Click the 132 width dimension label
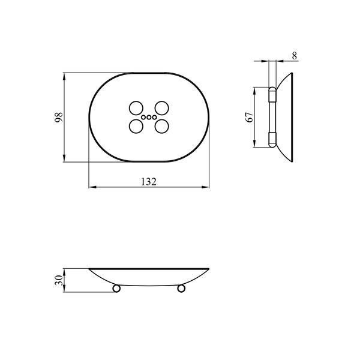tap(149, 182)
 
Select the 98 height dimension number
tap(59, 118)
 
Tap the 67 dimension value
tap(250, 117)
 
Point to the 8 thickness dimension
tap(295, 56)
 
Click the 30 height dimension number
tap(59, 280)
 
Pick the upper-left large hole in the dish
tap(136, 108)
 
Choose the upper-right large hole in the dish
tap(162, 108)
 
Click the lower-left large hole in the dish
tap(136, 126)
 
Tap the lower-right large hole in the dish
tap(162, 126)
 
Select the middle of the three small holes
tap(149, 118)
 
